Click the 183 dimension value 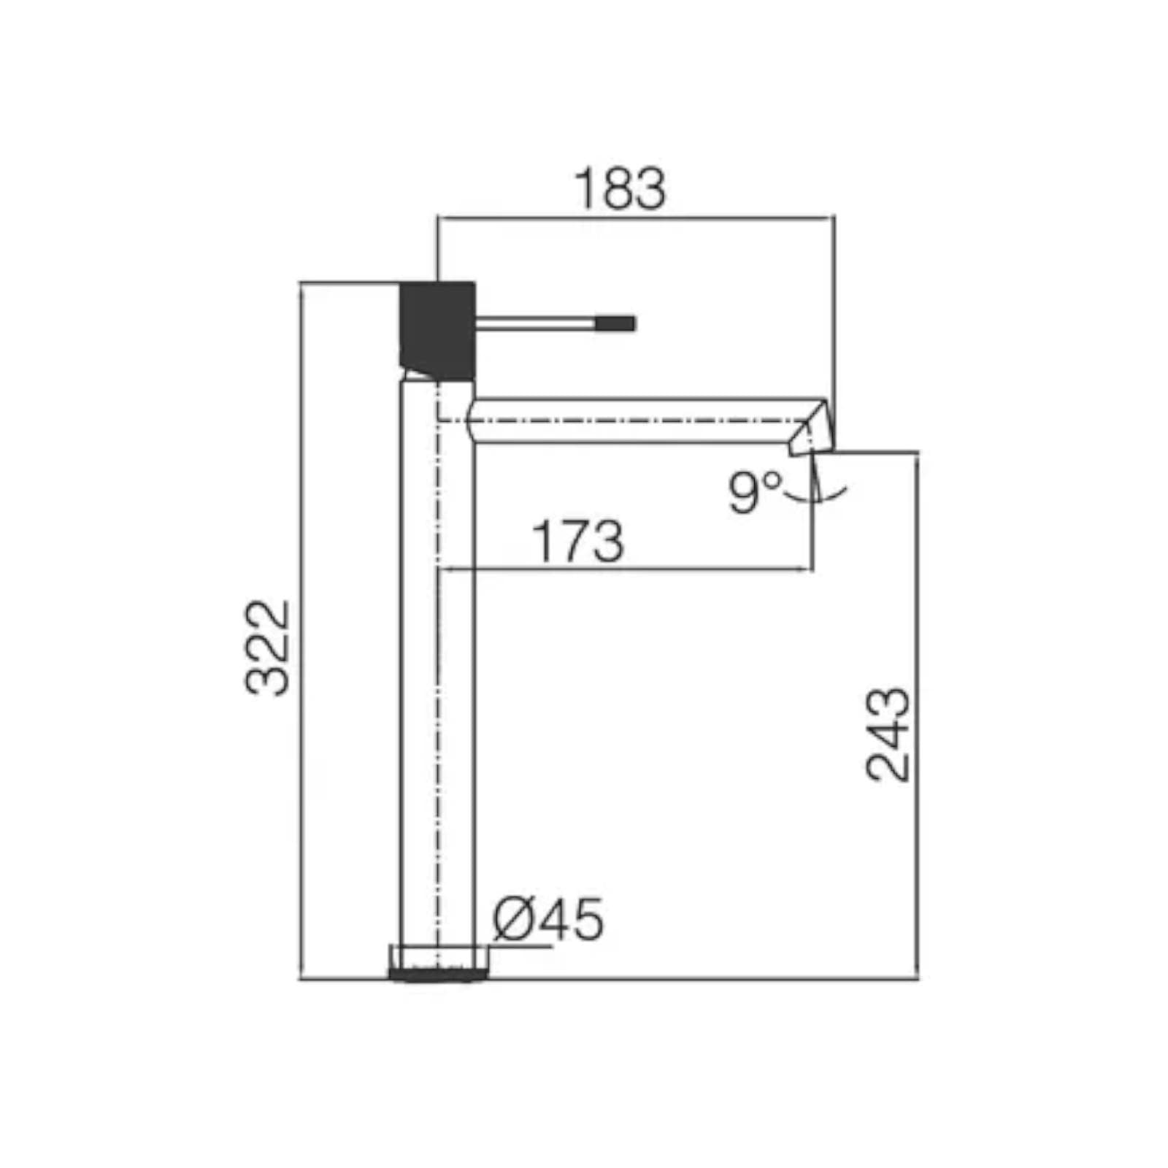[x=620, y=189]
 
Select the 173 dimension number [x=578, y=541]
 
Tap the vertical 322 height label [x=267, y=648]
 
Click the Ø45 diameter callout [x=548, y=918]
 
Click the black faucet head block [x=437, y=331]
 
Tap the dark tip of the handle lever [x=617, y=323]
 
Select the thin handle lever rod [x=537, y=323]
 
